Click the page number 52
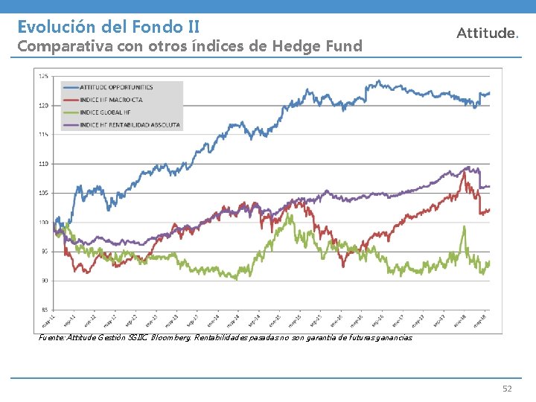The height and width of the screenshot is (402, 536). coord(508,389)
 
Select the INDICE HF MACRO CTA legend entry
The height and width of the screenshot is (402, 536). coord(112,100)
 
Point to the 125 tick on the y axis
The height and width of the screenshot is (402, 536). coord(43,76)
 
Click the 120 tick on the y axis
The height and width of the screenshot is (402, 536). coord(43,105)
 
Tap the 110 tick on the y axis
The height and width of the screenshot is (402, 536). coord(43,163)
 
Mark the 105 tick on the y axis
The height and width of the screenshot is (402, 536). coord(43,193)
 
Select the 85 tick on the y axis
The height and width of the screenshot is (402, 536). coord(44,309)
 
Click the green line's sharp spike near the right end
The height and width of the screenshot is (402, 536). coord(464,227)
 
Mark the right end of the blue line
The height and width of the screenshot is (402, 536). coord(489,93)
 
